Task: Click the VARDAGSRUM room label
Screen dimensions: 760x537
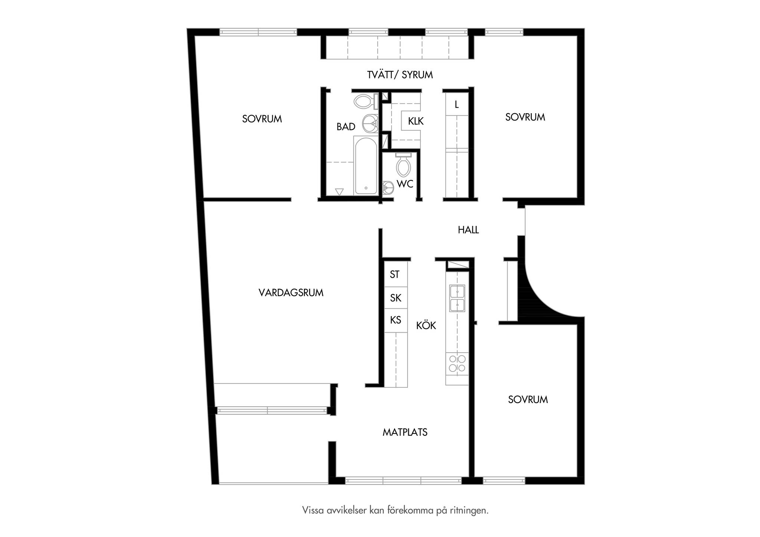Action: coord(291,293)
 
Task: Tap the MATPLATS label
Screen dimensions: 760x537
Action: coord(405,432)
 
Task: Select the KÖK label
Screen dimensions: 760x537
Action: coord(426,325)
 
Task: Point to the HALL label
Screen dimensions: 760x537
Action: coord(468,230)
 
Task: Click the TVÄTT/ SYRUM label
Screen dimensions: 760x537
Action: coord(400,75)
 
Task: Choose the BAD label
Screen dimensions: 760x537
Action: coord(346,127)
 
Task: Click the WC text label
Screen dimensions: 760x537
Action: coord(405,184)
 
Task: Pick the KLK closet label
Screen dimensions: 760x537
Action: coord(416,121)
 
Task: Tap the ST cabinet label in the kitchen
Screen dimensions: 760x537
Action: coord(394,275)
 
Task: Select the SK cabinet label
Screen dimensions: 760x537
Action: coord(396,298)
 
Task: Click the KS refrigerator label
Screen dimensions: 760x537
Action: coord(396,320)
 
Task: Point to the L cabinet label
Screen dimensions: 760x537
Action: coord(457,105)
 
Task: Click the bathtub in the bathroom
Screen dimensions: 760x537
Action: coord(366,166)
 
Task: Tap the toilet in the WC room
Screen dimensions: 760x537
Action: coord(403,165)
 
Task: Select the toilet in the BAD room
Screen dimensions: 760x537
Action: coord(366,101)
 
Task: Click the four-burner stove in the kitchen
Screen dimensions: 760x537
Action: coord(457,364)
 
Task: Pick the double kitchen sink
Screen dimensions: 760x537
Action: coord(457,298)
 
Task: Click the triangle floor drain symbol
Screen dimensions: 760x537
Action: coord(339,192)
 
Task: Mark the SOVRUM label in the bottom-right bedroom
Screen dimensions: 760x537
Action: coord(528,400)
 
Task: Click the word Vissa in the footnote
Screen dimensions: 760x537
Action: coord(313,510)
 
